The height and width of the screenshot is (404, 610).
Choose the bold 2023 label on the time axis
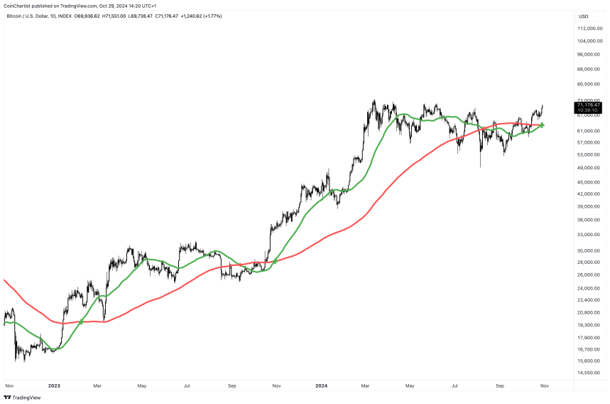tap(53, 386)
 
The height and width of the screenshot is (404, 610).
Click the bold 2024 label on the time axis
tap(321, 386)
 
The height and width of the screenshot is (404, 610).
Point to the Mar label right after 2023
tap(97, 386)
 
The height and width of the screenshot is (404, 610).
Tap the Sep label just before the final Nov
tap(499, 386)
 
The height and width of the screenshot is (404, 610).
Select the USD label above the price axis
tap(584, 16)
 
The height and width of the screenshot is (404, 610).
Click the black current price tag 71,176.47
tap(589, 105)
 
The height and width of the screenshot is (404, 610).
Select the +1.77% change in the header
tap(212, 16)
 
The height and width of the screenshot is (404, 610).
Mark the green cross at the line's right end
tap(542, 125)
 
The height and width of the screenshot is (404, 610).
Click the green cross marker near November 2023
tap(275, 262)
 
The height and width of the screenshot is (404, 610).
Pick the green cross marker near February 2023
tap(81, 322)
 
